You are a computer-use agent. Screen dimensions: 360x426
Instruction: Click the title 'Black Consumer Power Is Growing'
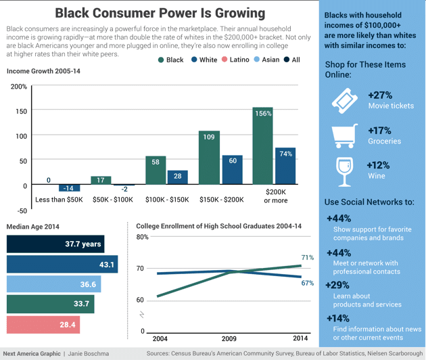pyautogui.click(x=160, y=13)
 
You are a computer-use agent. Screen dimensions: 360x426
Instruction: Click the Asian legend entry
pyautogui.click(x=266, y=60)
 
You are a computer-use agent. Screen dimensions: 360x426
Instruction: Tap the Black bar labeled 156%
pyautogui.click(x=262, y=146)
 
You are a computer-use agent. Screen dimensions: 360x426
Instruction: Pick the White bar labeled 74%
pyautogui.click(x=285, y=166)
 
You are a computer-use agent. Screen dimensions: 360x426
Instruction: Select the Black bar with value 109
pyautogui.click(x=208, y=158)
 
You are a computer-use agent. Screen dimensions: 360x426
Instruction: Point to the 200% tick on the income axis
pyautogui.click(x=19, y=87)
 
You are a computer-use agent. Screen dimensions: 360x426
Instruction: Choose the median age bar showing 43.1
pyautogui.click(x=62, y=265)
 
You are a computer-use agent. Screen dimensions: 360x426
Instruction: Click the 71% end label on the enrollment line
pyautogui.click(x=307, y=258)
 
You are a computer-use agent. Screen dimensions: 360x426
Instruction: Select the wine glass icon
pyautogui.click(x=344, y=170)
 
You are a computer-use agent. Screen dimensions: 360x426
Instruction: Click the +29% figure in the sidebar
pyautogui.click(x=338, y=286)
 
